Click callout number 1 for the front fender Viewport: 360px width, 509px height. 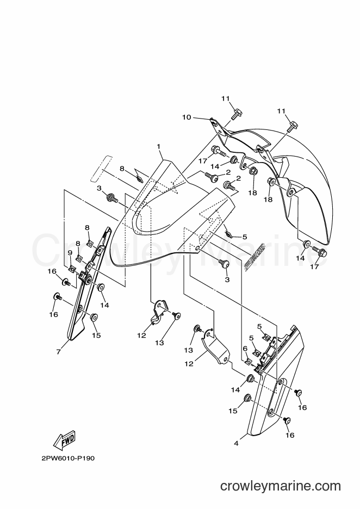click(159, 147)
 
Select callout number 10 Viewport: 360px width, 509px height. click(187, 117)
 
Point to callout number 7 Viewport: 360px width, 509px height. click(58, 351)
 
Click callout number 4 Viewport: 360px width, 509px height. click(236, 443)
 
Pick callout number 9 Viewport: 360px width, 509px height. click(70, 252)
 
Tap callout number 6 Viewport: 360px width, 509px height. click(245, 349)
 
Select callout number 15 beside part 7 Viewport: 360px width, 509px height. click(96, 334)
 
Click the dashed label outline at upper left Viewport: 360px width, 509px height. click(102, 169)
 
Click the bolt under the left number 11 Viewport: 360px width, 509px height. click(235, 114)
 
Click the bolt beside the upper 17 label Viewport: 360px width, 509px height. click(219, 151)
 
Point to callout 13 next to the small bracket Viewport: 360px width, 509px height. click(159, 343)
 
